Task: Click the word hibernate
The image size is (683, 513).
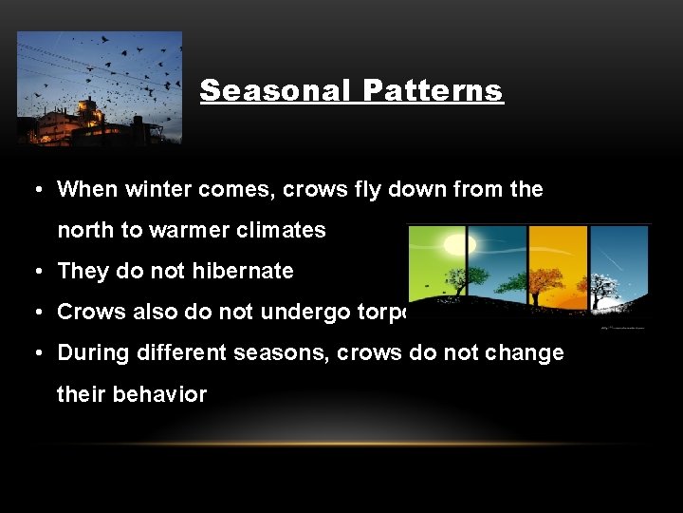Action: (242, 271)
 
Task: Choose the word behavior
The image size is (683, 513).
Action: (162, 393)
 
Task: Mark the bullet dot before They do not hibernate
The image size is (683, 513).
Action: (34, 271)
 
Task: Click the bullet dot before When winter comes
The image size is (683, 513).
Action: (34, 189)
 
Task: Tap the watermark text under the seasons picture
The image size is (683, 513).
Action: (621, 328)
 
